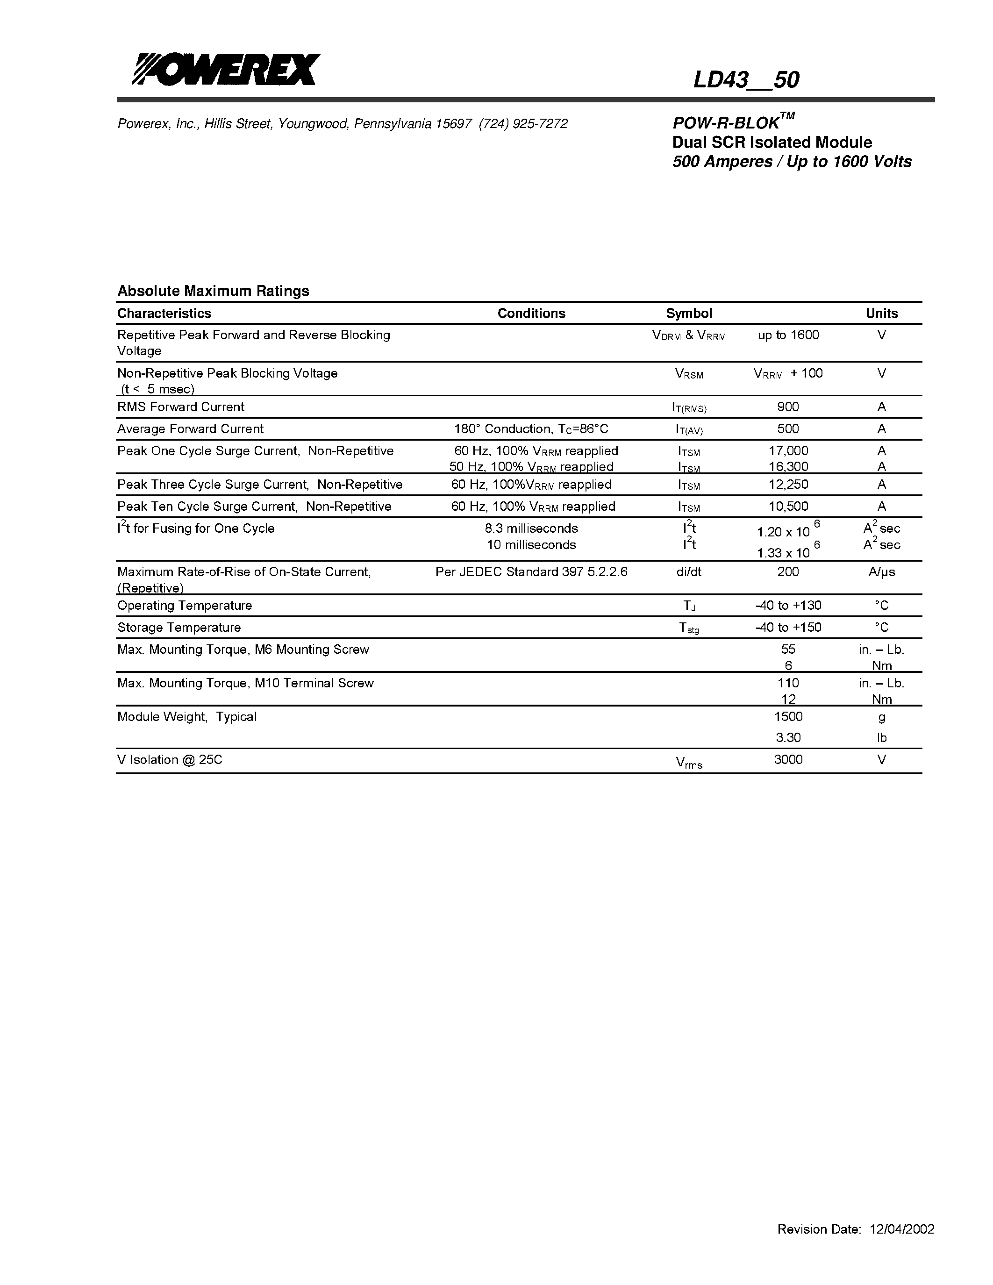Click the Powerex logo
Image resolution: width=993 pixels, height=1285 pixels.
[226, 70]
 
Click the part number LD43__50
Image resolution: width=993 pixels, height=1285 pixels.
[746, 80]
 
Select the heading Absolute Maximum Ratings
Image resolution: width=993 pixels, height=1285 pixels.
[213, 291]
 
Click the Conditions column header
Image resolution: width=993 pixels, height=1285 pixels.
[531, 313]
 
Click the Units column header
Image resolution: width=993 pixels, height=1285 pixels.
[881, 313]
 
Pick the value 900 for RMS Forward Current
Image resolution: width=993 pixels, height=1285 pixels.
[788, 407]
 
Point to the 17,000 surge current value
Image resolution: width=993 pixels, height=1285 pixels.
[788, 451]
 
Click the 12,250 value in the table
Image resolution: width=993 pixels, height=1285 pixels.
[788, 484]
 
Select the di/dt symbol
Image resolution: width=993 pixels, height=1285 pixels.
[689, 571]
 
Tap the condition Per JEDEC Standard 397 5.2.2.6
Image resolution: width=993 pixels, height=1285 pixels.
[531, 571]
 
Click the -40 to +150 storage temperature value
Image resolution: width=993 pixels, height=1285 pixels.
[788, 627]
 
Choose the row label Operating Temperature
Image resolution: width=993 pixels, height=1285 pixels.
[185, 606]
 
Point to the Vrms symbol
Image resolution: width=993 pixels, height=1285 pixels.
[689, 763]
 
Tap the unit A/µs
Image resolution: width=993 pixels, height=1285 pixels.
[881, 571]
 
